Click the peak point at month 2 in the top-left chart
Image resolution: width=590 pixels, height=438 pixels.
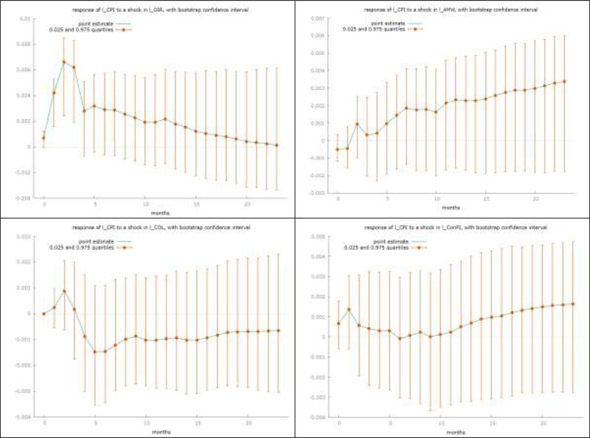point(64,62)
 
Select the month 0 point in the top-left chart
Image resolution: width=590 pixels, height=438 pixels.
point(44,138)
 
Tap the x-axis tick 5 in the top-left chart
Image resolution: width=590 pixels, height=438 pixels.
point(94,204)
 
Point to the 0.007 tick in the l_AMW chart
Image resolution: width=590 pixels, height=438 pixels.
point(319,18)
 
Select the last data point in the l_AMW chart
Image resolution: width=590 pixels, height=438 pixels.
point(564,82)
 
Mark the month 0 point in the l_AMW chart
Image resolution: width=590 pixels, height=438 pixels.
point(337,149)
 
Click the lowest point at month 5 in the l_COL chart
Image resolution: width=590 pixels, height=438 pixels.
point(95,352)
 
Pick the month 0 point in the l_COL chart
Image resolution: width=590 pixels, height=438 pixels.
point(44,314)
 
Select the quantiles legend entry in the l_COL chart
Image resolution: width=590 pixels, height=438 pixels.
point(81,247)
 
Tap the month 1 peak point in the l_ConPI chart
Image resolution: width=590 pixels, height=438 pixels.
point(349,310)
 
